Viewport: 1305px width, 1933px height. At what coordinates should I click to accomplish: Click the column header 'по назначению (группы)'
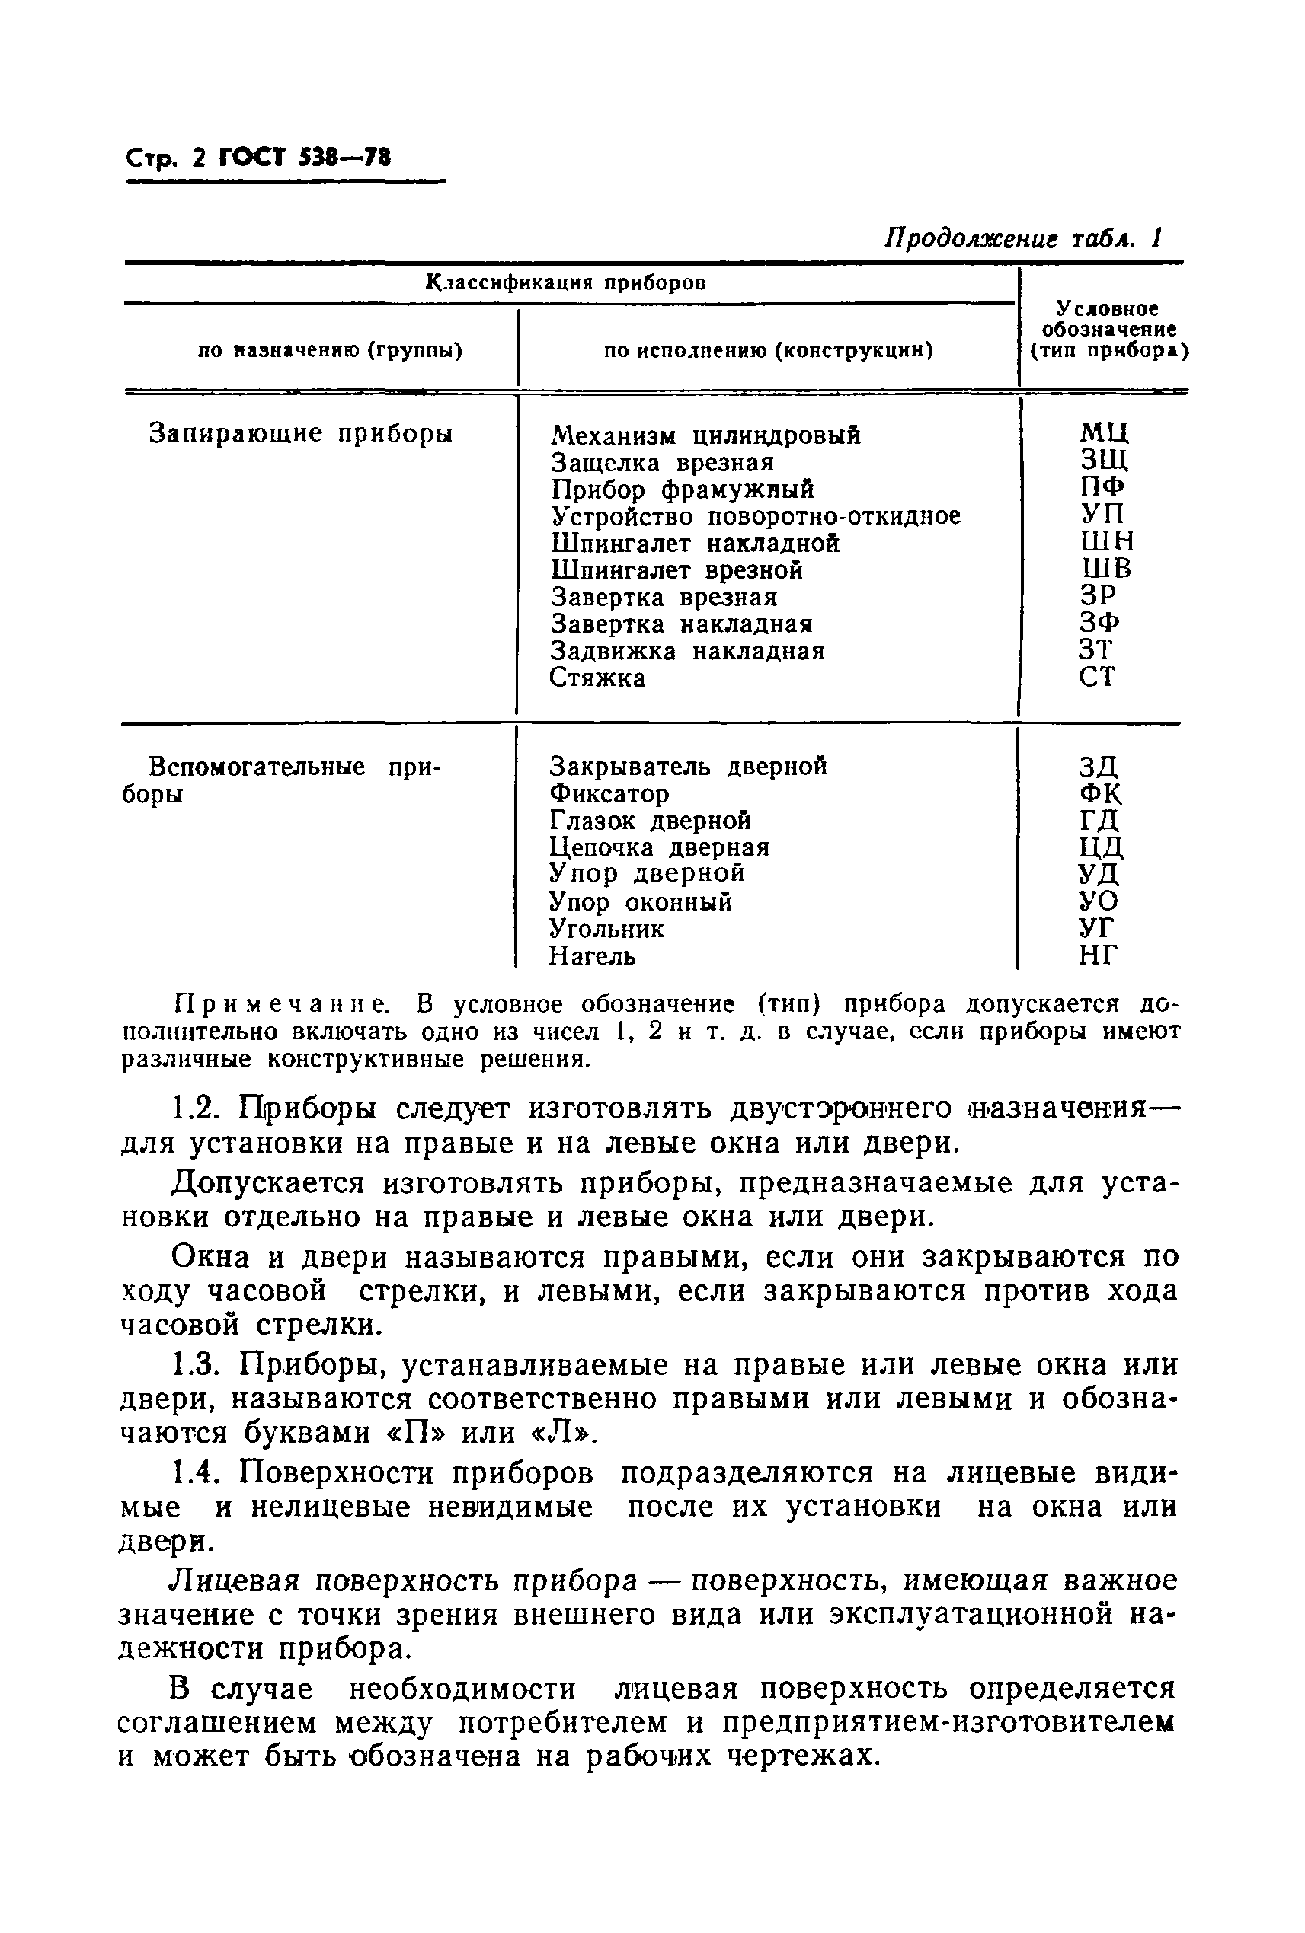click(330, 350)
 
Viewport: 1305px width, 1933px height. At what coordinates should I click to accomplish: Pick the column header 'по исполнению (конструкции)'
click(767, 350)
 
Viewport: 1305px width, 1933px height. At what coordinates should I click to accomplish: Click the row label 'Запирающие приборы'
click(301, 433)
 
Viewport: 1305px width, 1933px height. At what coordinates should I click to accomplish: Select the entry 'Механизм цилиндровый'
click(705, 435)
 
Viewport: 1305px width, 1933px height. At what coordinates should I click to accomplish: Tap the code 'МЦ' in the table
click(1104, 432)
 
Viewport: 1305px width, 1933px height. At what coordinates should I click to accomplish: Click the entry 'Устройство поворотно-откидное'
click(755, 516)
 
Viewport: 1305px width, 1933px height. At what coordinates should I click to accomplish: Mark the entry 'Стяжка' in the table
click(597, 678)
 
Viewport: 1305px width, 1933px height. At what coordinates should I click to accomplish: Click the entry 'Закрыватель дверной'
click(688, 766)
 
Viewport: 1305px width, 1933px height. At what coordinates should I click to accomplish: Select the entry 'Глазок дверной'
click(650, 821)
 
